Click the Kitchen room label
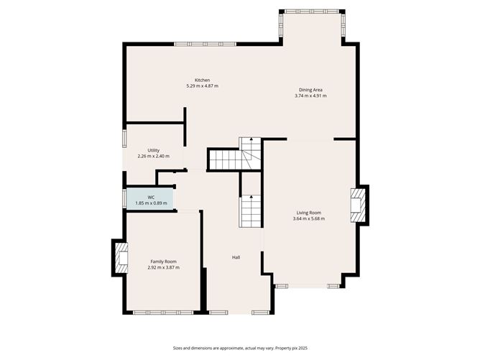[202, 80]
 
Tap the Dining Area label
[310, 90]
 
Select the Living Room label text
[309, 213]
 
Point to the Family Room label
[163, 262]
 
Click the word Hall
[236, 257]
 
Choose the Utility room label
[153, 150]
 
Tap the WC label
[151, 197]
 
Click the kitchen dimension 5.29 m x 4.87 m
[202, 86]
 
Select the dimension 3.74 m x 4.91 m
[310, 96]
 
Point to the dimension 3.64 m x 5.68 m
[309, 219]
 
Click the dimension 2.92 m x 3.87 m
[163, 268]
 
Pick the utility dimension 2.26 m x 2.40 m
[153, 157]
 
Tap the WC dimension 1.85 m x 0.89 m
[151, 203]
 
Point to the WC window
[124, 198]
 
